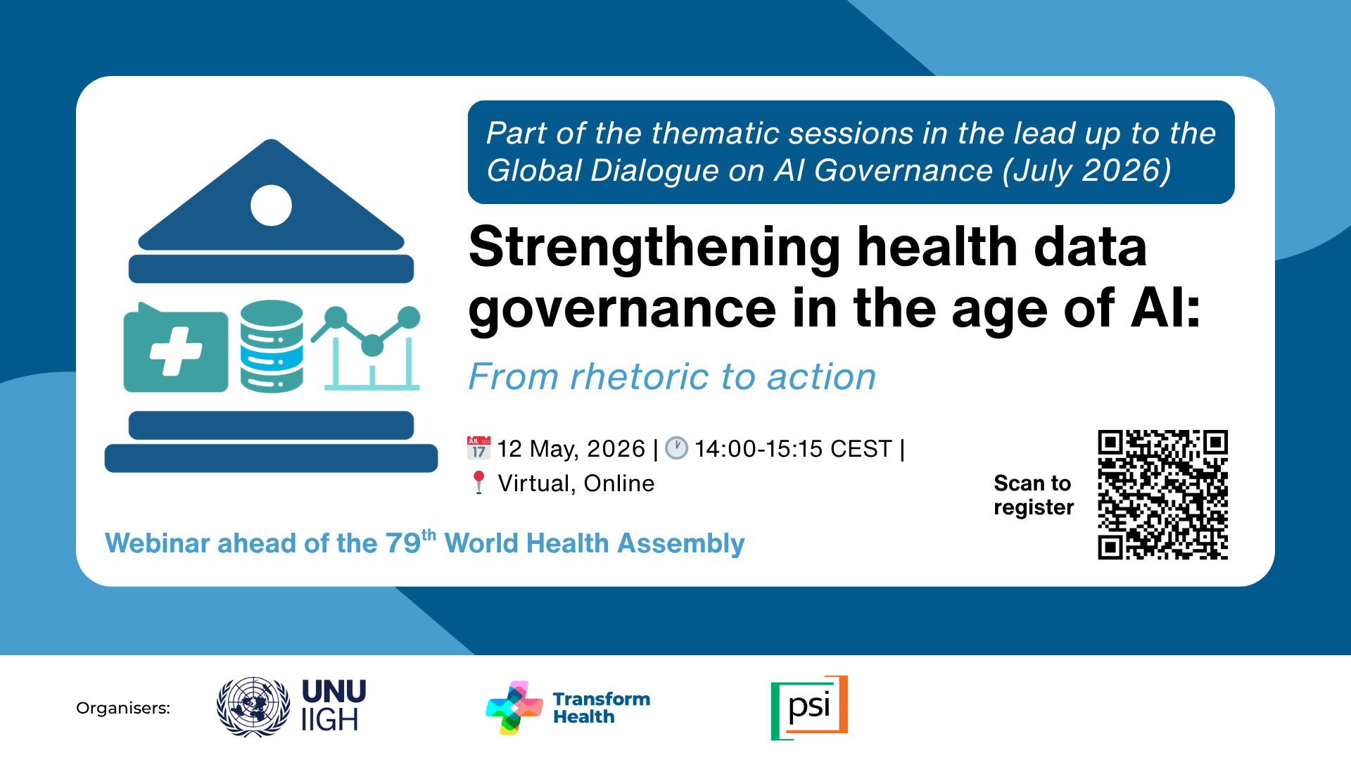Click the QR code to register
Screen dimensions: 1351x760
(1162, 495)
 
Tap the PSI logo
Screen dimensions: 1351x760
(809, 708)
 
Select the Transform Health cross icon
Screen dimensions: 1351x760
(514, 708)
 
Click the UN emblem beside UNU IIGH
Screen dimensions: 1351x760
(253, 707)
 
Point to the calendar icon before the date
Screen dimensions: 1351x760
(479, 448)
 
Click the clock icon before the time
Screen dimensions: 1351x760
(677, 448)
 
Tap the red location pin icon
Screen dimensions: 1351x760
(479, 483)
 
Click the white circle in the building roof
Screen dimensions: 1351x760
(271, 205)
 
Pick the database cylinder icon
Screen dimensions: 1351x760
(272, 346)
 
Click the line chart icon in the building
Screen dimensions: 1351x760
(367, 348)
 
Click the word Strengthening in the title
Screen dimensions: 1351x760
(655, 248)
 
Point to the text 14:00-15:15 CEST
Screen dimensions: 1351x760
(793, 448)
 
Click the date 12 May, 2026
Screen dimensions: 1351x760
(571, 449)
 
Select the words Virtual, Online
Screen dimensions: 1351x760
(576, 483)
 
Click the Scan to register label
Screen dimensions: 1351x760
(1034, 495)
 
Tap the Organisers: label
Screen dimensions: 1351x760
(123, 708)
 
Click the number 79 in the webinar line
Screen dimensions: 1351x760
(403, 543)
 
